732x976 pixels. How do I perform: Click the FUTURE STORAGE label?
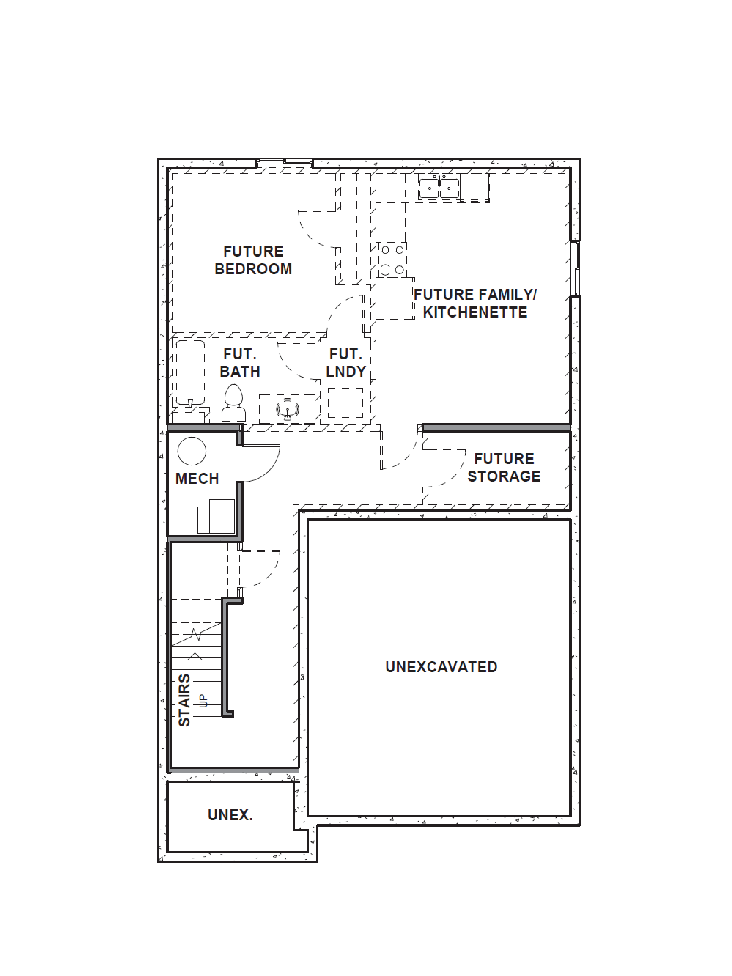tap(504, 467)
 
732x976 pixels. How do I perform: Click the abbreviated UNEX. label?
tap(230, 815)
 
